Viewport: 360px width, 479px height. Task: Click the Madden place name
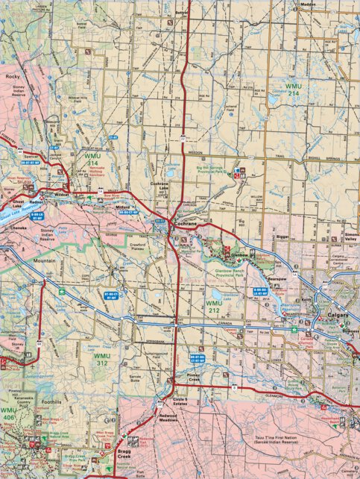[309, 4]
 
